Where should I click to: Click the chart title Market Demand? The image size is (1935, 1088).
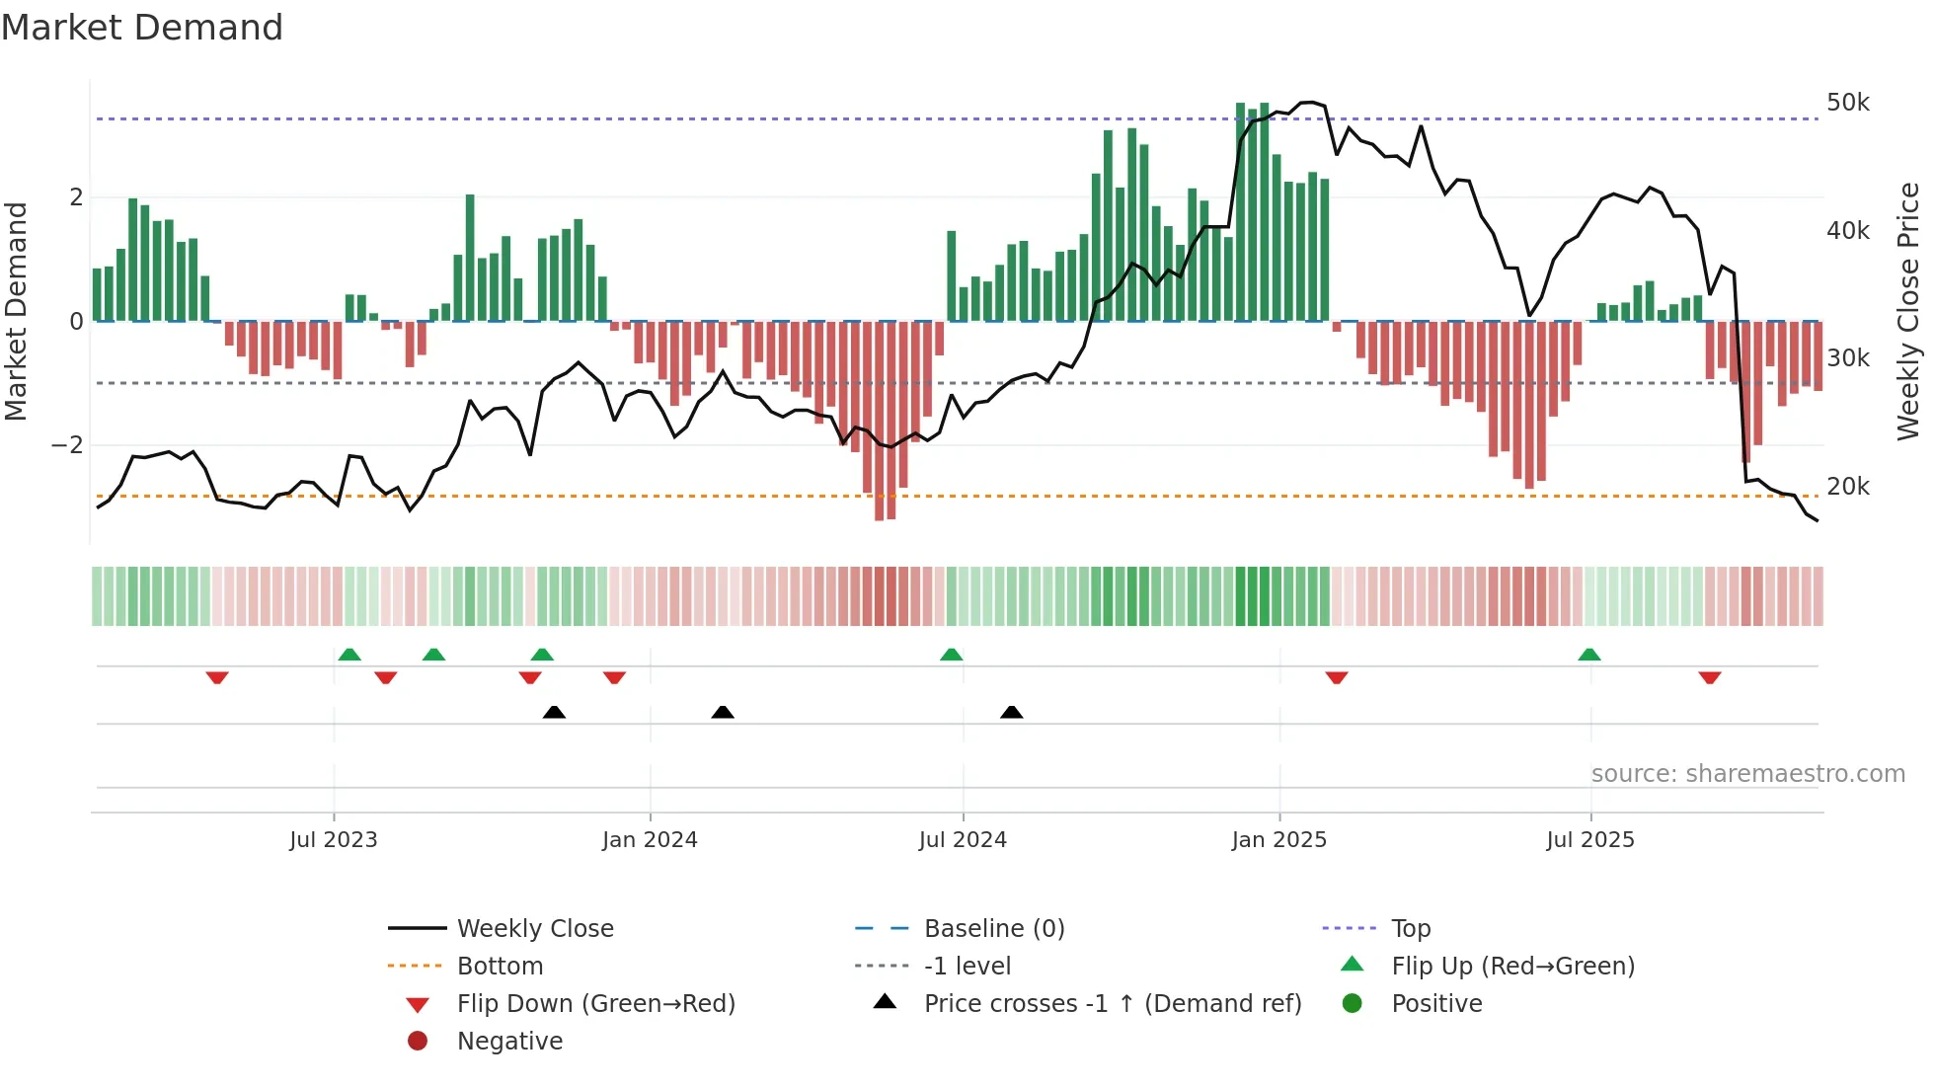click(142, 28)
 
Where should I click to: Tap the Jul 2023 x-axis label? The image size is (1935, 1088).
click(334, 840)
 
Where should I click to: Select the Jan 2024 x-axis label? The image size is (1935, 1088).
click(650, 840)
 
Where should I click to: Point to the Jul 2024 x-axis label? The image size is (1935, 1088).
click(963, 840)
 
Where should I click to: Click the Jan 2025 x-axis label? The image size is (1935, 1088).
click(1279, 840)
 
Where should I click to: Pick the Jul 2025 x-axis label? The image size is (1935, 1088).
click(1590, 840)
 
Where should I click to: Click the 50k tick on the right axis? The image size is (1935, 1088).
click(1847, 103)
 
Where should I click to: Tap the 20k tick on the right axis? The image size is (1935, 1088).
click(1847, 487)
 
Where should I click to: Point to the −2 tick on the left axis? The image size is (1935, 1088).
click(67, 445)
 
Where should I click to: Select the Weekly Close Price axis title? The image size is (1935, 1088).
click(1908, 311)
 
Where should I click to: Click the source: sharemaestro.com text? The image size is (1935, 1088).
click(1747, 774)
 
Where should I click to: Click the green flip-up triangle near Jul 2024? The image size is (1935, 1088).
click(951, 655)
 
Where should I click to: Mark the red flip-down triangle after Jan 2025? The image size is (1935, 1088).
click(1337, 677)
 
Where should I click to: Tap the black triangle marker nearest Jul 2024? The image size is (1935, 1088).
click(1011, 712)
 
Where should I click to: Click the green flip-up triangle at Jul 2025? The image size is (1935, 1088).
click(1588, 655)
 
